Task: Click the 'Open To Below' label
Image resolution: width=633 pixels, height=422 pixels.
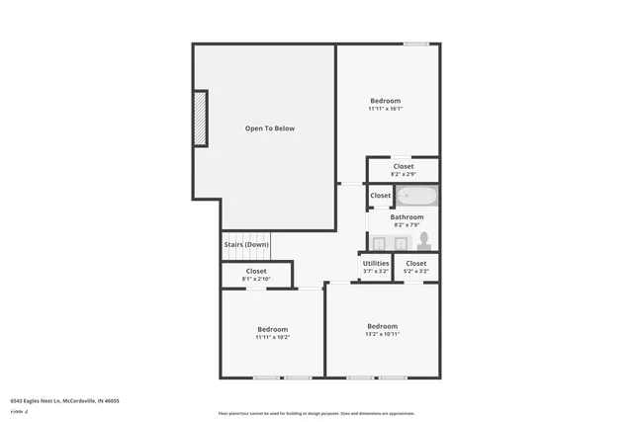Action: [270, 128]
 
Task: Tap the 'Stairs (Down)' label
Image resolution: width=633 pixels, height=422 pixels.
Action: [246, 244]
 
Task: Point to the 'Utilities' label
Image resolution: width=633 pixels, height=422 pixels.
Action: [376, 263]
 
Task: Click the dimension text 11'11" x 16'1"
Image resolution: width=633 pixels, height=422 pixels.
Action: [386, 109]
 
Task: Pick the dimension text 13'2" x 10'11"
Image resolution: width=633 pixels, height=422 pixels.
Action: [383, 334]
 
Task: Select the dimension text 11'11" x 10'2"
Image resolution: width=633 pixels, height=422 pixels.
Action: [273, 337]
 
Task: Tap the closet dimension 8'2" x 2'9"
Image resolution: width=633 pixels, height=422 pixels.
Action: [404, 175]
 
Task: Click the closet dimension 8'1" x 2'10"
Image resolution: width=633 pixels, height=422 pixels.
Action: [256, 279]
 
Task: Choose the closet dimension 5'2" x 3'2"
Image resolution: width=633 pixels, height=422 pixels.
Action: [416, 271]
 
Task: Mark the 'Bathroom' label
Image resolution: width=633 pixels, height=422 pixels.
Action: [407, 216]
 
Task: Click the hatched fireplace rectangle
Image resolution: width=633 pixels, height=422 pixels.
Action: [200, 119]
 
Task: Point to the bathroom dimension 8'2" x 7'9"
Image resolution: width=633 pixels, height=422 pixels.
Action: [407, 224]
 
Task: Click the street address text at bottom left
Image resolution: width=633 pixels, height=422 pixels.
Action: [65, 401]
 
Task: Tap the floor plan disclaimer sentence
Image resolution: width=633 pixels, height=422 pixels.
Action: [316, 414]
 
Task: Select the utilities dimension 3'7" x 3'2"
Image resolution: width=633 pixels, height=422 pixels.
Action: [376, 271]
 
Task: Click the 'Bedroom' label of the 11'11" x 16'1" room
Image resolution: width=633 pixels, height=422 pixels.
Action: [386, 101]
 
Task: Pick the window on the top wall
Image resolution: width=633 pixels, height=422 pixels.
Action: [416, 43]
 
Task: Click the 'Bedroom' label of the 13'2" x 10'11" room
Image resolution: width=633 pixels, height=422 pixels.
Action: [383, 326]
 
